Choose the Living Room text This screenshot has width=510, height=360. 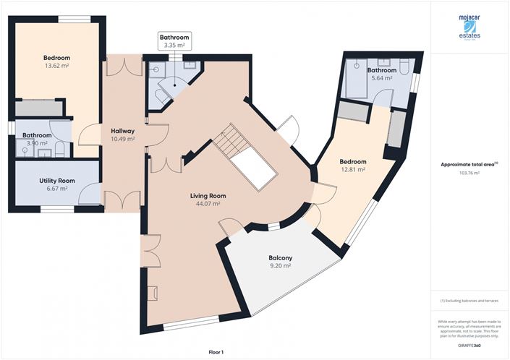(208, 195)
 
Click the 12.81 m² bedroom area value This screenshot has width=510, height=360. (353, 170)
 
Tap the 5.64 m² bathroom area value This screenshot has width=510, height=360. (381, 78)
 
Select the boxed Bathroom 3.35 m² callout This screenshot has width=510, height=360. (174, 40)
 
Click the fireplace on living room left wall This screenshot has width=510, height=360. (152, 293)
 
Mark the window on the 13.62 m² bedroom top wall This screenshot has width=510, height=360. (69, 19)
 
